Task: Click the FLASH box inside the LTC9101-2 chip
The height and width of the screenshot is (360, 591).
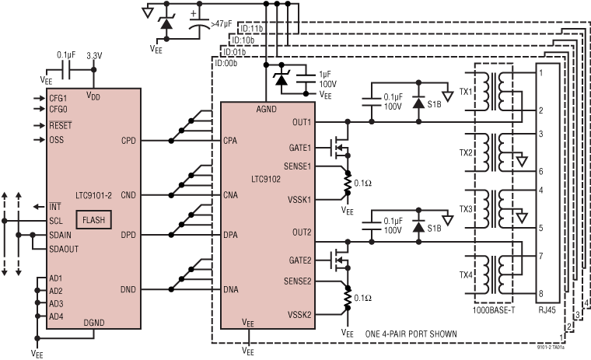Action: pyautogui.click(x=93, y=220)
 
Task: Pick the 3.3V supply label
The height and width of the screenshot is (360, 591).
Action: pyautogui.click(x=94, y=56)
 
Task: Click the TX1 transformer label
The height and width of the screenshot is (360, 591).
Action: pyautogui.click(x=466, y=92)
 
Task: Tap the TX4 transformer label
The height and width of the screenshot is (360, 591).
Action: pyautogui.click(x=466, y=274)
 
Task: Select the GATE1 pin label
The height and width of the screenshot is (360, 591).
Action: pyautogui.click(x=300, y=148)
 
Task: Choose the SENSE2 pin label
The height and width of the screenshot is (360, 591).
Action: pyautogui.click(x=298, y=281)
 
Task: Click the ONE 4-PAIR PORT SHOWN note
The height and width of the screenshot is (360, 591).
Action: pyautogui.click(x=410, y=334)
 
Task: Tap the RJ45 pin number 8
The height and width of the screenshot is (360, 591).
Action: pyautogui.click(x=539, y=293)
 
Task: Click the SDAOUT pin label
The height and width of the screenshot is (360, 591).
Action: pyautogui.click(x=63, y=248)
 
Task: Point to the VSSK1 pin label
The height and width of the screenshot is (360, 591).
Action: pyautogui.click(x=298, y=200)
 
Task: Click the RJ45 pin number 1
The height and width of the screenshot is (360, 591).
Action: pyautogui.click(x=539, y=73)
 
